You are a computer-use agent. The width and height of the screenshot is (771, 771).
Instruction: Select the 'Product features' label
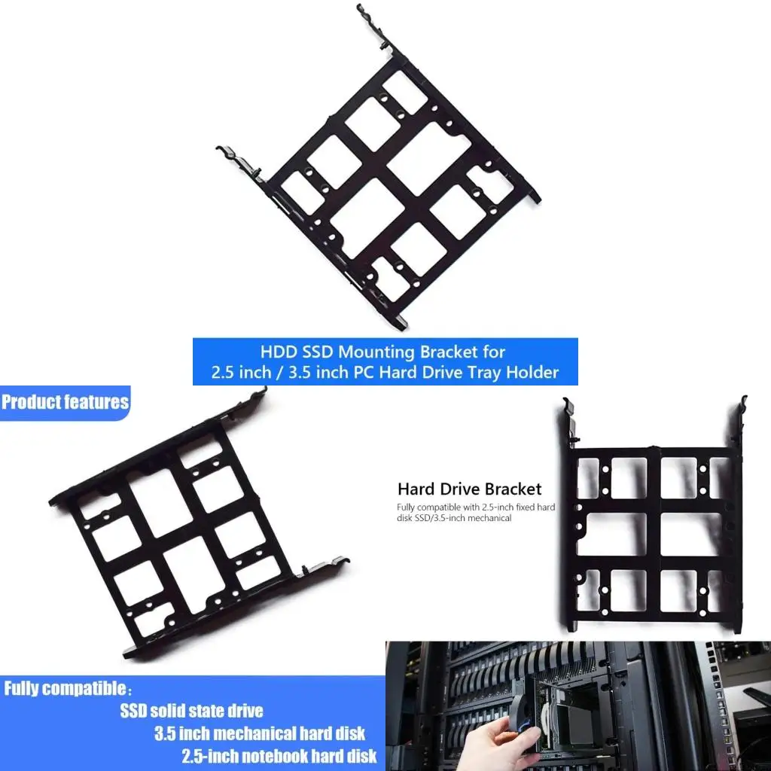(65, 402)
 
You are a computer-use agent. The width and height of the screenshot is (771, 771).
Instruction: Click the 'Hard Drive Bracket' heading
(469, 489)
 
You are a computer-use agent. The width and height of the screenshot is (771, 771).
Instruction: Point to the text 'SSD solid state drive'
(191, 711)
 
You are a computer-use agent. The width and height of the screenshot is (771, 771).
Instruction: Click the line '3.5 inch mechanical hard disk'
(260, 733)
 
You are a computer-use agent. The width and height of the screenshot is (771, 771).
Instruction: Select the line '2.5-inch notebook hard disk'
(279, 756)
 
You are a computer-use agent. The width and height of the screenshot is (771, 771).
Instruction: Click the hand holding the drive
(492, 746)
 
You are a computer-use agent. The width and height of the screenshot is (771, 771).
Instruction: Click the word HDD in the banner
(277, 352)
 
